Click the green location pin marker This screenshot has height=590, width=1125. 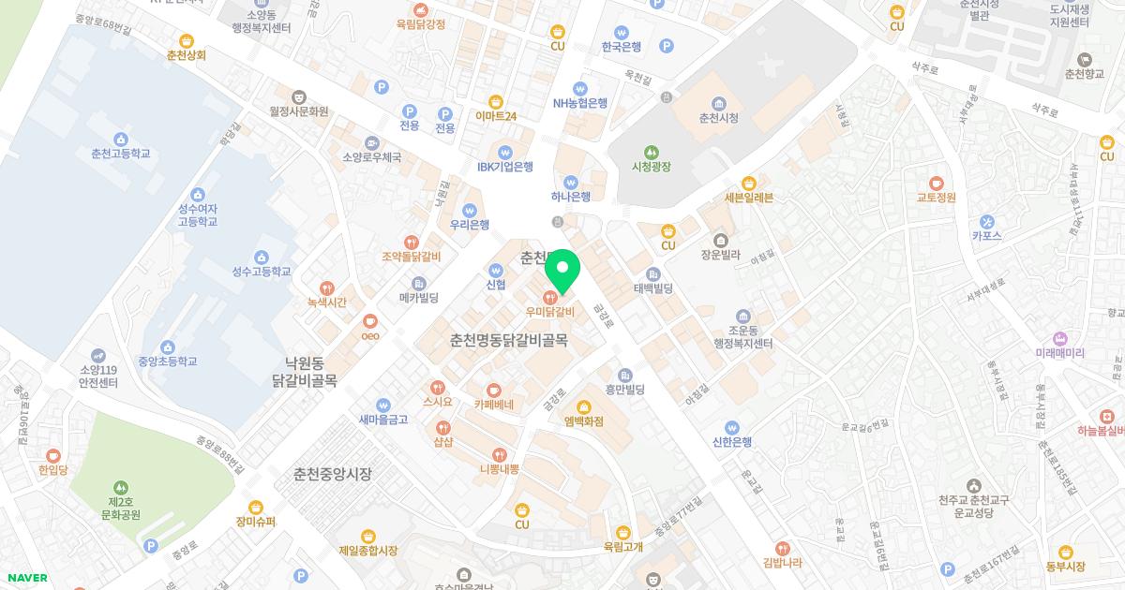pos(562,271)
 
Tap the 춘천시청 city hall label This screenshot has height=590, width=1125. pos(719,118)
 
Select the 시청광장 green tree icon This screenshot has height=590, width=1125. pos(652,153)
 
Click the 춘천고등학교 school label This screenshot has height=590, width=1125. pos(121,154)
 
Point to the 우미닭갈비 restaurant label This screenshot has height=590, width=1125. pos(549,312)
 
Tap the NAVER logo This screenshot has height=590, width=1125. pos(27,578)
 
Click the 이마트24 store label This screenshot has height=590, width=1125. pos(496,117)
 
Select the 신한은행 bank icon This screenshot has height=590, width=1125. pos(732,427)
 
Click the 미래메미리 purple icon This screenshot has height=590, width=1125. pos(1060,338)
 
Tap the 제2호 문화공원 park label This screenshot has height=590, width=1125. pos(121,508)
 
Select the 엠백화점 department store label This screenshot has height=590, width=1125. pos(583,421)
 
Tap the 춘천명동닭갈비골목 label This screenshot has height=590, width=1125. pos(509,341)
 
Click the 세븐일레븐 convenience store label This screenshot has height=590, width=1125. pos(748,198)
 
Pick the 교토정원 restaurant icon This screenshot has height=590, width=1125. pos(936,183)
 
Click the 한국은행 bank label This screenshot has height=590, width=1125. pos(622,47)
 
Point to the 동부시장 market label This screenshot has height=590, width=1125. pos(1065,566)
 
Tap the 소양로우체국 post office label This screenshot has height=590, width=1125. pos(372,157)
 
